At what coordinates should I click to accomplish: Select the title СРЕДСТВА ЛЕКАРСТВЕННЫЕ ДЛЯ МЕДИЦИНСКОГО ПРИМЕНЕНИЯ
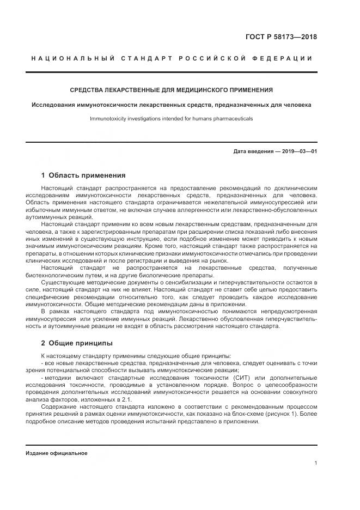click(172, 90)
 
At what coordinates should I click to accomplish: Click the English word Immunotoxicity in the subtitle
click(109, 118)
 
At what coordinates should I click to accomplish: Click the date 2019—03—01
click(299, 151)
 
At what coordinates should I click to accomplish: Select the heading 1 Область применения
click(83, 175)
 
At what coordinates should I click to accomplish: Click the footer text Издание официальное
click(57, 453)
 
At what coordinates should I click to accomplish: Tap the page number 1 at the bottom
click(315, 463)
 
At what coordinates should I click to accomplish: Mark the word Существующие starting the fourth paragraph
click(64, 282)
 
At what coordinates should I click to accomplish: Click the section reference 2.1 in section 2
click(126, 400)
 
